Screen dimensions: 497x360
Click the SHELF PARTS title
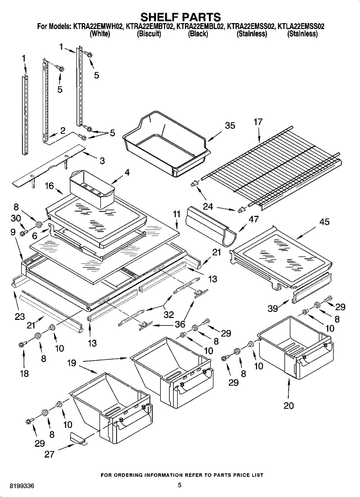click(180, 17)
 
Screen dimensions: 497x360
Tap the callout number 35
click(230, 125)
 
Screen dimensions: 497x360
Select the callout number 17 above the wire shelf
click(258, 122)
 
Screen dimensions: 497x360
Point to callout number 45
click(325, 222)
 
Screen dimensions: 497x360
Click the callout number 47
click(254, 220)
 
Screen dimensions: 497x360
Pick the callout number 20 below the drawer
click(289, 406)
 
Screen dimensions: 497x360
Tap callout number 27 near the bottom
click(49, 454)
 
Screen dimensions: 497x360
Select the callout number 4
click(127, 173)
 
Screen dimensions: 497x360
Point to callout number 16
click(50, 186)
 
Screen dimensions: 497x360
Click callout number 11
click(176, 214)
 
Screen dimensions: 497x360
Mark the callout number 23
click(19, 317)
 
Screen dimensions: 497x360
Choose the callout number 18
click(24, 373)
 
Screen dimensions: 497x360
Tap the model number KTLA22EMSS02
click(301, 26)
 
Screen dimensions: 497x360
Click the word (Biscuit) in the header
click(149, 34)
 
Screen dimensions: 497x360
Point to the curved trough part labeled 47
click(211, 227)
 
